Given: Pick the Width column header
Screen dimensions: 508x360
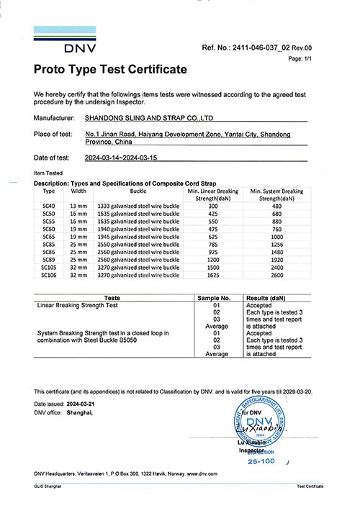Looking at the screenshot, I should point(78,192).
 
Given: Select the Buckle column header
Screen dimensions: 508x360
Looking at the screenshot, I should point(138,192).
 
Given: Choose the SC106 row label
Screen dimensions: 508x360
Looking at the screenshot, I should point(49,274).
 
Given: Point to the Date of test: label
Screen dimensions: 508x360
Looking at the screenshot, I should point(52,158).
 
